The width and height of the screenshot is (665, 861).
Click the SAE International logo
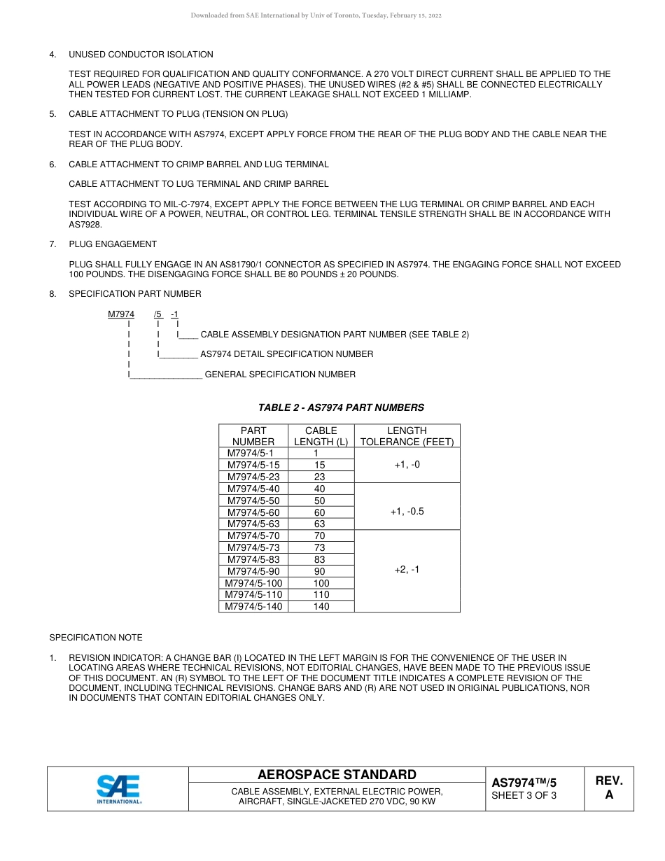click(118, 789)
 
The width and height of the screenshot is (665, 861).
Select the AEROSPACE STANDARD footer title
click(337, 774)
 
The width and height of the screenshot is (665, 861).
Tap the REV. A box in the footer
click(608, 788)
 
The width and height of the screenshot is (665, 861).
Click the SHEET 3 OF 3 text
click(524, 795)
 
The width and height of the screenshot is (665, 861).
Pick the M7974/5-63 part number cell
click(253, 524)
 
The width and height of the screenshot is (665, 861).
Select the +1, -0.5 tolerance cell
click(407, 512)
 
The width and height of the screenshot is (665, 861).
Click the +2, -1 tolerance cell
click(407, 570)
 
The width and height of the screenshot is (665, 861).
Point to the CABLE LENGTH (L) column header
click(321, 436)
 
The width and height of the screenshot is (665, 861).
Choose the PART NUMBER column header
click(253, 436)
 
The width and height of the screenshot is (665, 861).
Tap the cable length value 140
click(321, 606)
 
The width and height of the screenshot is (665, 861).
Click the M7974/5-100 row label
click(253, 583)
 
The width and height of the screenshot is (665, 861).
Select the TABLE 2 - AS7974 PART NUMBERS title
click(341, 407)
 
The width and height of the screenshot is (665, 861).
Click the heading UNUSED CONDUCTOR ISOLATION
click(141, 55)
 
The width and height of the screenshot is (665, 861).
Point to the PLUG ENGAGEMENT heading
click(113, 244)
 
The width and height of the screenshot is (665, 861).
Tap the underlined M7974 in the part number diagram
click(121, 314)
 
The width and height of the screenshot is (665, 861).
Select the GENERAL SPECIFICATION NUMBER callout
click(280, 374)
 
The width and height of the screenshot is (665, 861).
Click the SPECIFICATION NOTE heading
click(96, 638)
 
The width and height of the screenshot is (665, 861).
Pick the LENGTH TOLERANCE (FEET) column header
click(407, 436)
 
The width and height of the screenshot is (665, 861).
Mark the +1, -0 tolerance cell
click(407, 465)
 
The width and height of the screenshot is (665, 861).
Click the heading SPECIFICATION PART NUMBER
click(134, 294)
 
